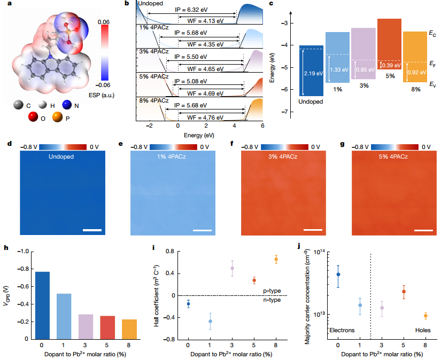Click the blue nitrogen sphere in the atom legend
pyautogui.click(x=66, y=106)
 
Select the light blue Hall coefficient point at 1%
pyautogui.click(x=210, y=321)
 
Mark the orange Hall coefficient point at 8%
pyautogui.click(x=276, y=259)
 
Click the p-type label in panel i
pyautogui.click(x=272, y=291)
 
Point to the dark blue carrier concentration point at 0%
pyautogui.click(x=338, y=274)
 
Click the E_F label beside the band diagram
pyautogui.click(x=432, y=62)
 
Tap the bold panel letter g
pyautogui.click(x=342, y=144)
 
